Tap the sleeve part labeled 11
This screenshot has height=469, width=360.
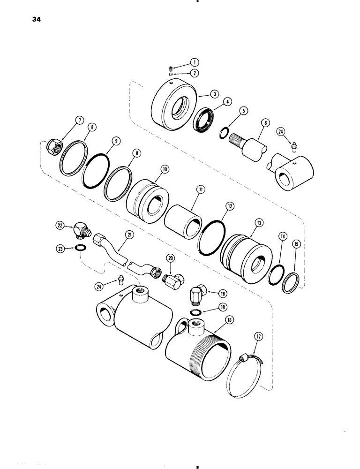pyautogui.click(x=183, y=213)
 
